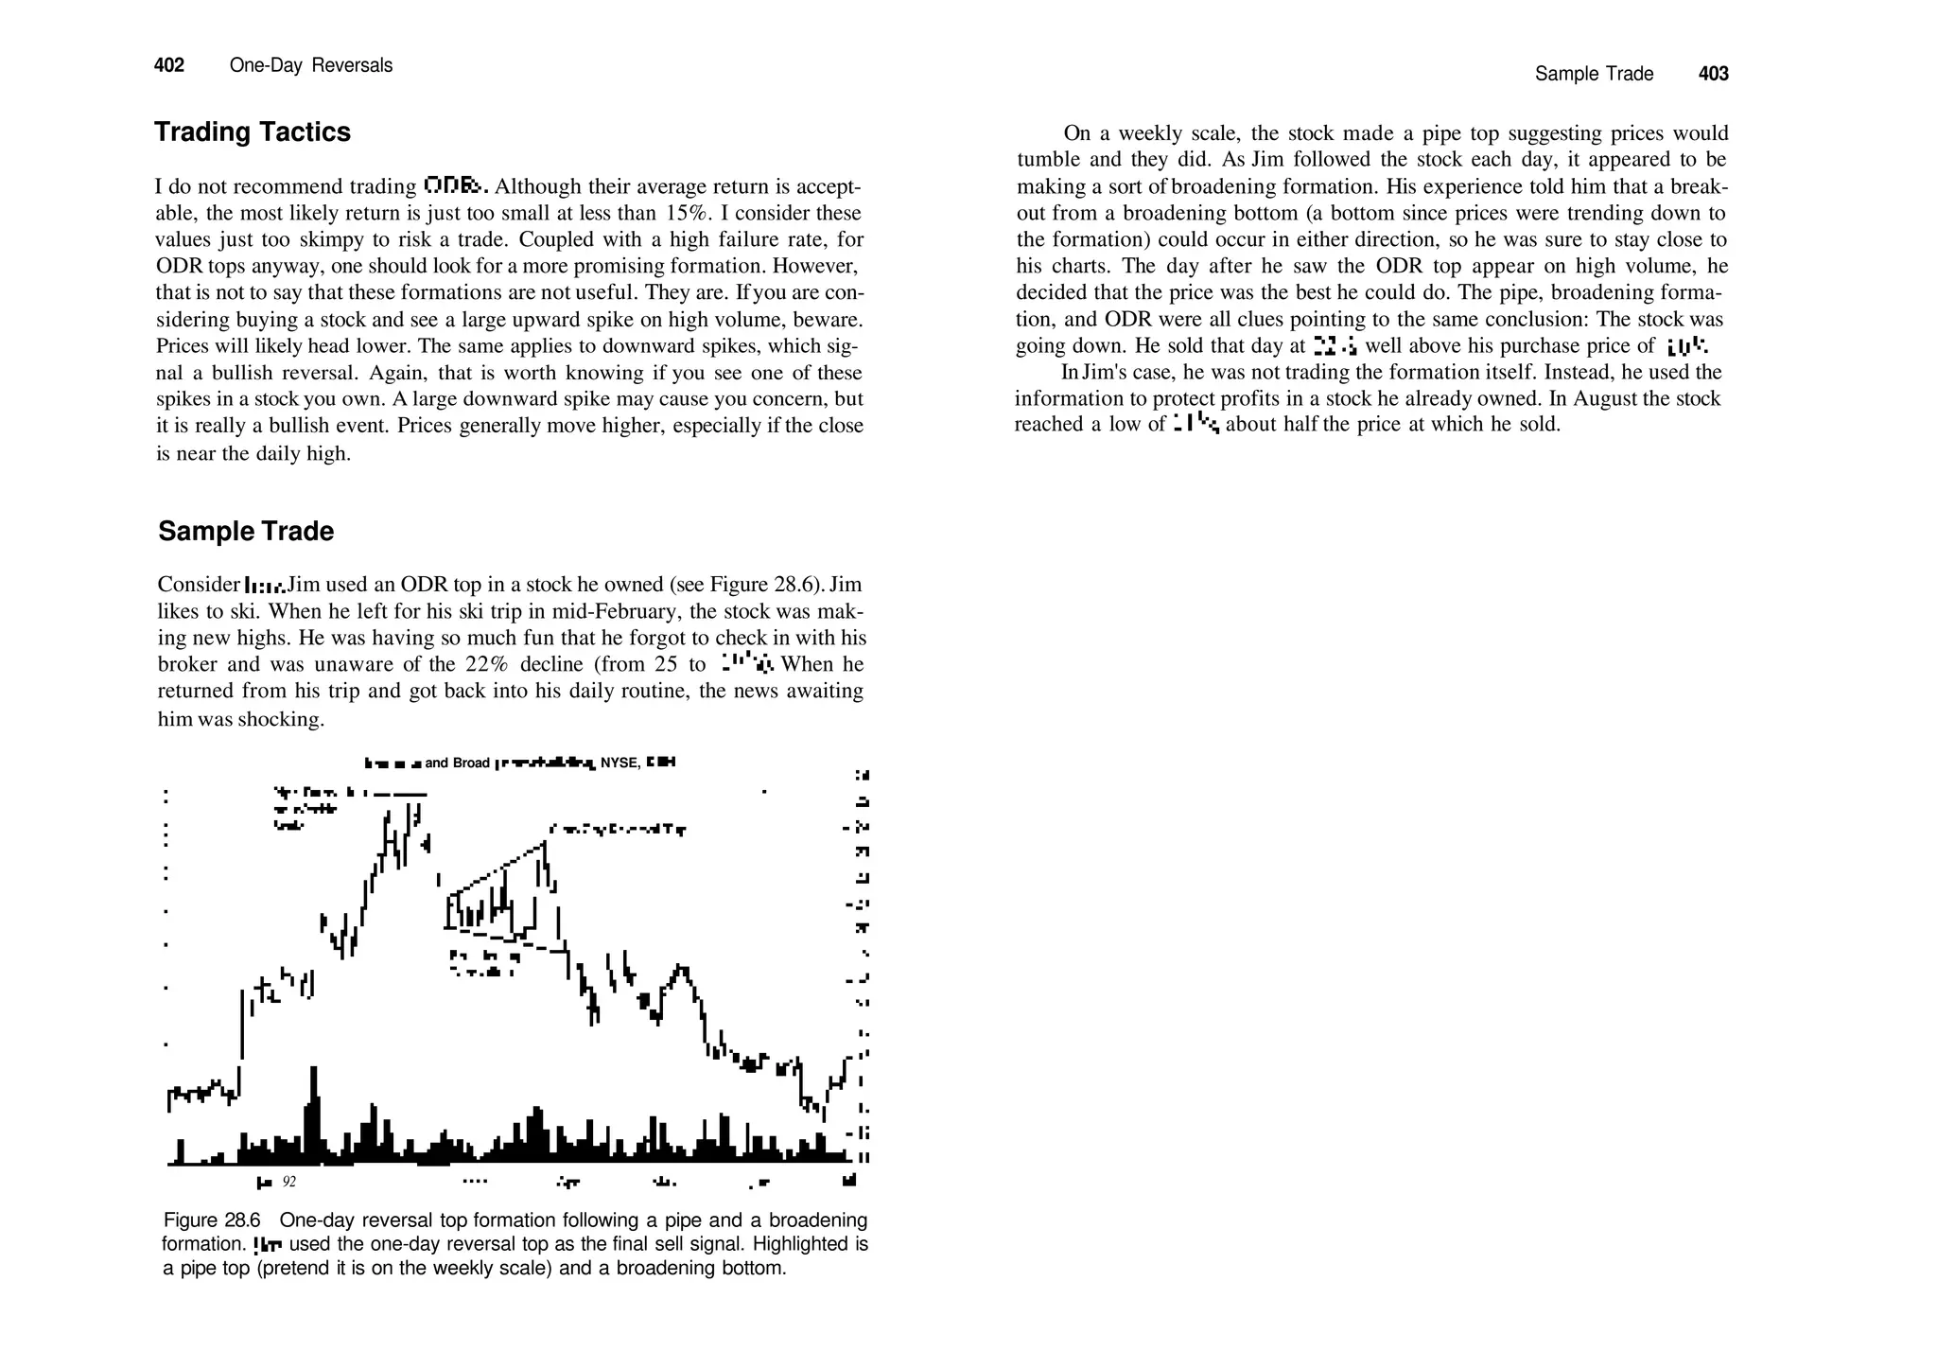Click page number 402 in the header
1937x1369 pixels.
click(x=169, y=65)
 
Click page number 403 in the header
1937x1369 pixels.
click(x=1713, y=74)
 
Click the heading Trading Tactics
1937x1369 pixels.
click(x=252, y=132)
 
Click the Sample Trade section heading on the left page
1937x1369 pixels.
click(x=246, y=531)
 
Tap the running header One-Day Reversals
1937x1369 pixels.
click(x=310, y=65)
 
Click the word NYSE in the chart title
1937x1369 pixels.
click(x=619, y=763)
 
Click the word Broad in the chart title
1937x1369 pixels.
click(x=471, y=763)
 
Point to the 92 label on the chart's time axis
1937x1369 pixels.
click(x=289, y=1182)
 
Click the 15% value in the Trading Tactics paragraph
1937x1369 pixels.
click(x=681, y=213)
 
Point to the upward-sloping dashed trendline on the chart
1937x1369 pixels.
click(x=497, y=869)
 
